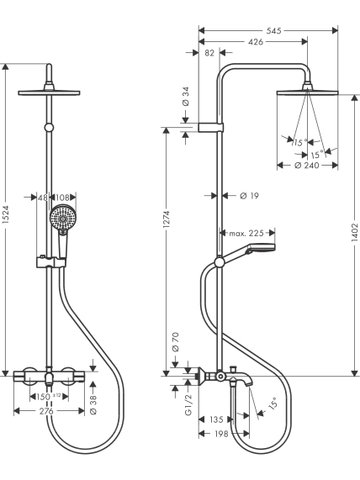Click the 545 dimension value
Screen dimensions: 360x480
[x=273, y=30]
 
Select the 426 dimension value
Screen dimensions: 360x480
[x=256, y=42]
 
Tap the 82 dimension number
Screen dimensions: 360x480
[x=209, y=53]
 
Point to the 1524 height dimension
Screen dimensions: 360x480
[x=7, y=219]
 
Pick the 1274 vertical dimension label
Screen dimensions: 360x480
[x=167, y=219]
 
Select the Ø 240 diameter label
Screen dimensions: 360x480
[x=307, y=166]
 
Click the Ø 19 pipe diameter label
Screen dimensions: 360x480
[x=250, y=196]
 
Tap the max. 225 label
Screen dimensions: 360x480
[x=246, y=233]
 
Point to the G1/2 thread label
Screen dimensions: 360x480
[x=188, y=404]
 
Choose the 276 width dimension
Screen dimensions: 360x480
[x=46, y=411]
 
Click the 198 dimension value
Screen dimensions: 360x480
[x=221, y=434]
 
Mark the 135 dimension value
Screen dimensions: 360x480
[x=216, y=419]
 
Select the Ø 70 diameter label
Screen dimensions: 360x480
[x=176, y=342]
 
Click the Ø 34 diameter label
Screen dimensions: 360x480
[x=186, y=97]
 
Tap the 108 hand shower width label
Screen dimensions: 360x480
[x=62, y=198]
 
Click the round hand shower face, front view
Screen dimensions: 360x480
[x=63, y=219]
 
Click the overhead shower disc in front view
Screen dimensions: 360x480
[x=49, y=92]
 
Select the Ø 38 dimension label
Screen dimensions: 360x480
[x=93, y=404]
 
